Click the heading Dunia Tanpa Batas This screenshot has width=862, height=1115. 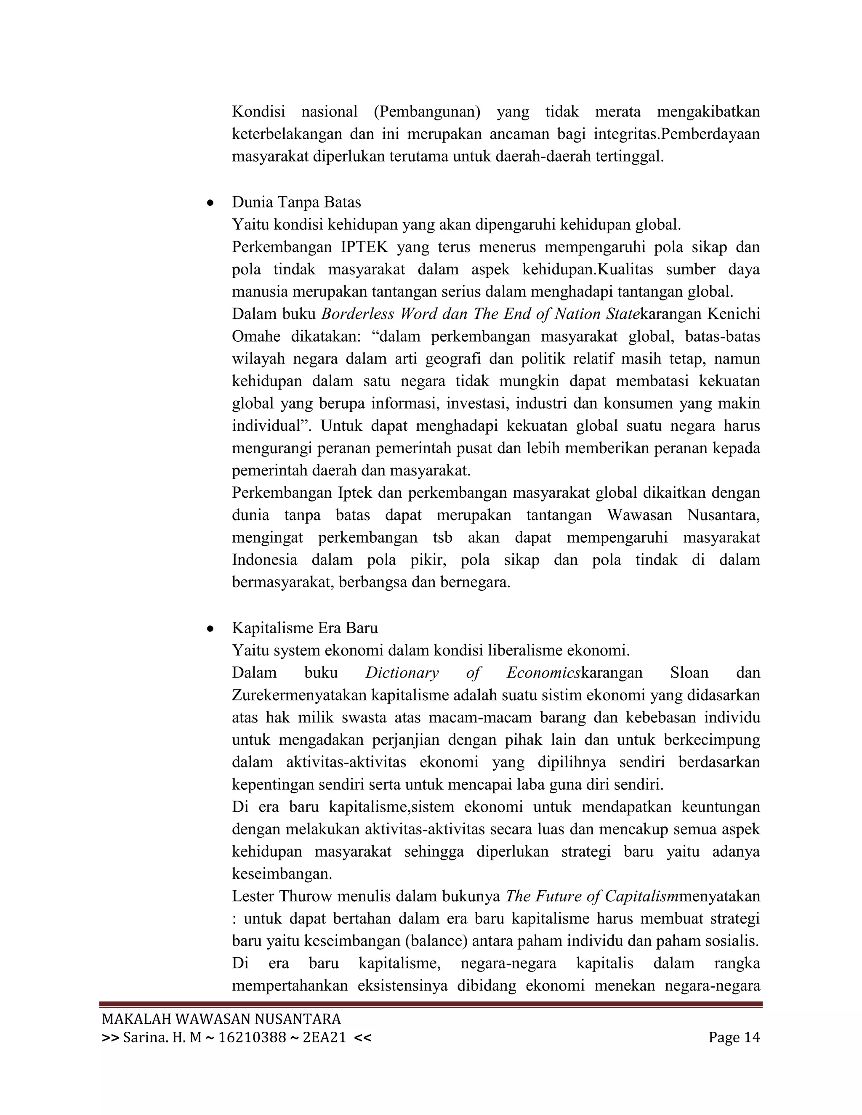(296, 203)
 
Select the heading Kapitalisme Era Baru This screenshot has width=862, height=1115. (305, 628)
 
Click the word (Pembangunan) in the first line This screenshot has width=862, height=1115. (427, 112)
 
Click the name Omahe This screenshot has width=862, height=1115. (256, 337)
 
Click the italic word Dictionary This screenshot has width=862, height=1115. (402, 673)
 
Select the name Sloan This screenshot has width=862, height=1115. (689, 673)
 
